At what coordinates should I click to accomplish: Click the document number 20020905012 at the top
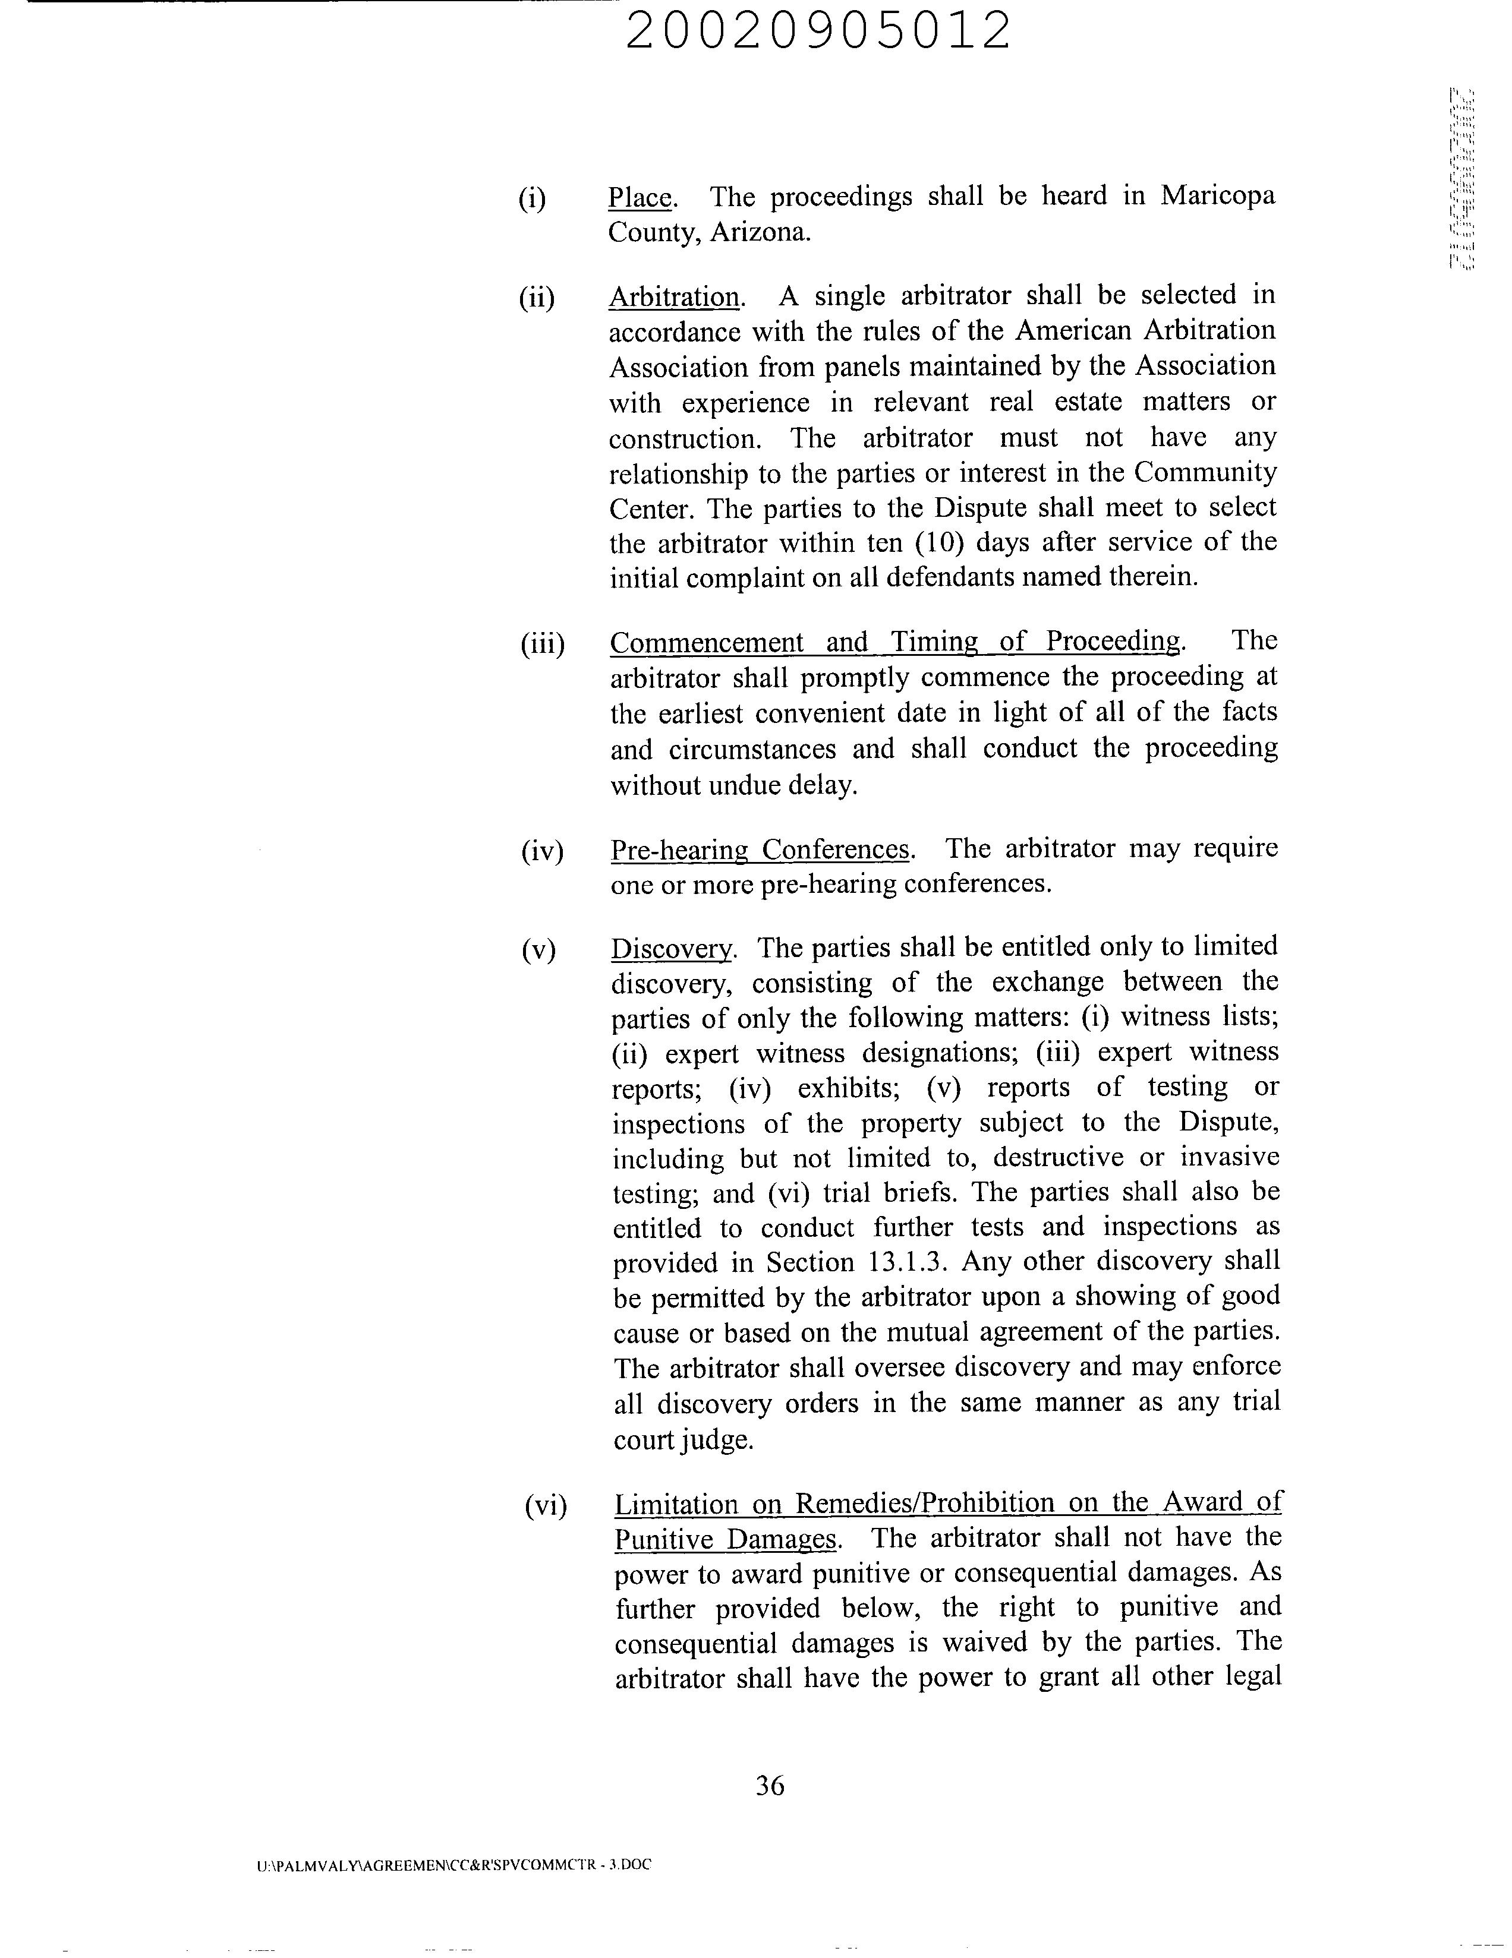click(817, 31)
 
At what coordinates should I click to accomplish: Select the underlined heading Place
click(640, 197)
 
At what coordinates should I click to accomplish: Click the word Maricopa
click(1217, 195)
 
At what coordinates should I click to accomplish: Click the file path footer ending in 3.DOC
click(453, 1865)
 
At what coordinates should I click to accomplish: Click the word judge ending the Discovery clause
click(716, 1440)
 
